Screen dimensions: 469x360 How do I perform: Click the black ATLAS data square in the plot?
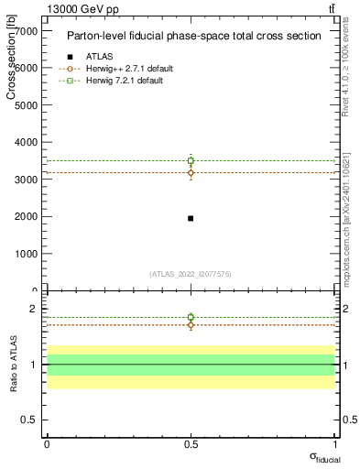click(x=191, y=218)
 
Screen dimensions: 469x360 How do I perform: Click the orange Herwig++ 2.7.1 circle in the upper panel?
click(x=191, y=172)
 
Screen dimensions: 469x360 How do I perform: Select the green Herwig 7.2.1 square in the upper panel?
click(x=191, y=160)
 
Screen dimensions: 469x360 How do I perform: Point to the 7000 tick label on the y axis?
click(x=25, y=30)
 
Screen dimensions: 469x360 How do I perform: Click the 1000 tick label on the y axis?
click(x=25, y=254)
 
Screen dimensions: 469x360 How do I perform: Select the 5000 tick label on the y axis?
click(x=25, y=104)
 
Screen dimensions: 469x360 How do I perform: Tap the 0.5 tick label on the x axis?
click(x=191, y=443)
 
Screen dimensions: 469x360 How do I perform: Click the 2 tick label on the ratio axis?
click(x=33, y=309)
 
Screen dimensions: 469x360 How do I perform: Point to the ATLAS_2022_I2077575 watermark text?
click(x=191, y=274)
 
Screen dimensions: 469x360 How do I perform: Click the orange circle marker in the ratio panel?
click(x=191, y=325)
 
